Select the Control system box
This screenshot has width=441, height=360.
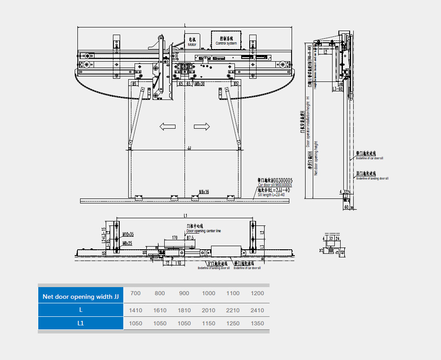point(226,40)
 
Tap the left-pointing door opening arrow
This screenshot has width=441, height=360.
point(167,127)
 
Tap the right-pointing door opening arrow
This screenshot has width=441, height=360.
point(202,127)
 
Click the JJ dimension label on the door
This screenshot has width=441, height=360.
point(189,148)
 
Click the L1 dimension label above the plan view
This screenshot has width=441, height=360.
point(185,216)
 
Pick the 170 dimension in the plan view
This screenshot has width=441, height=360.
point(174,237)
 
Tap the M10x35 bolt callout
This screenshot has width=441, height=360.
point(128,234)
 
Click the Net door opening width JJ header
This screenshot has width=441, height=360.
point(81,297)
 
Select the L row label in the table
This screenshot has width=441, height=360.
point(81,310)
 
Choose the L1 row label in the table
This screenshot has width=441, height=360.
point(81,323)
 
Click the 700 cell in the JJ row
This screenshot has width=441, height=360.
point(135,293)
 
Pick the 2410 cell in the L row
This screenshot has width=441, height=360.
point(257,310)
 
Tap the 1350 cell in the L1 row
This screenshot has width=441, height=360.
point(257,323)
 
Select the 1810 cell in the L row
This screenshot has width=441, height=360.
point(184,310)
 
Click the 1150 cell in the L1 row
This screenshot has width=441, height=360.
point(208,323)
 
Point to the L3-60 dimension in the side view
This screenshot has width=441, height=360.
point(338,89)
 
